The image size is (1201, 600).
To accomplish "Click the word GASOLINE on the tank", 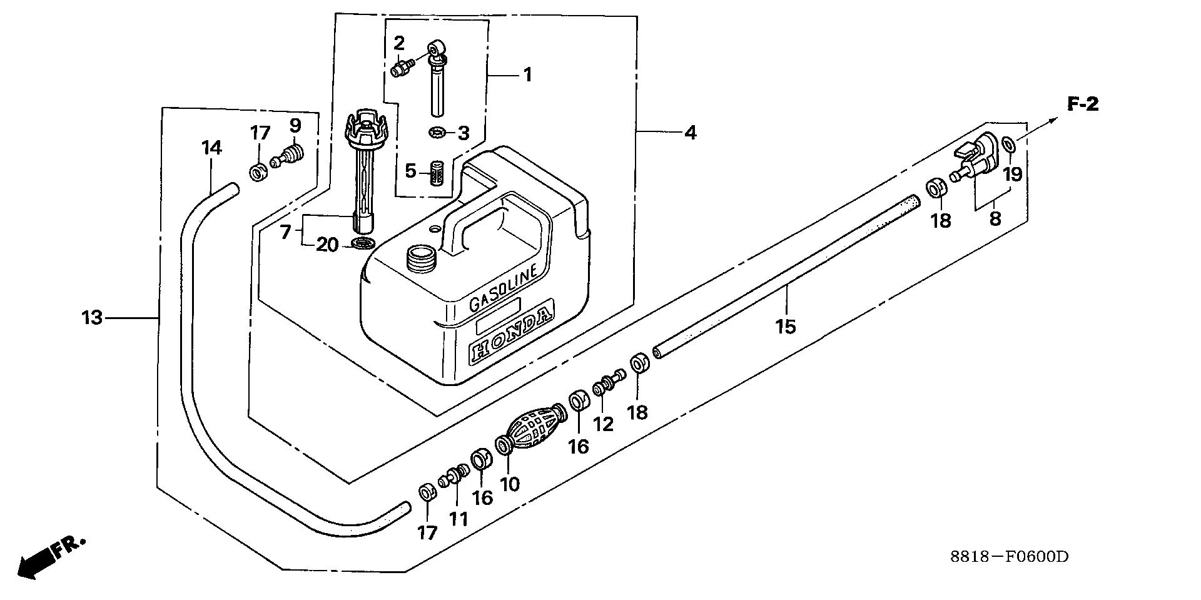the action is [x=504, y=288].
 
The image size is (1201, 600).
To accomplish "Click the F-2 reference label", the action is [x=1082, y=104].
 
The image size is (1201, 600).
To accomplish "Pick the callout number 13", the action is [x=92, y=318].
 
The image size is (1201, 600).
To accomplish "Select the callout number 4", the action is [x=690, y=133].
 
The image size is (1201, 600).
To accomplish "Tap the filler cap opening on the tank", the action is [x=420, y=257].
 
